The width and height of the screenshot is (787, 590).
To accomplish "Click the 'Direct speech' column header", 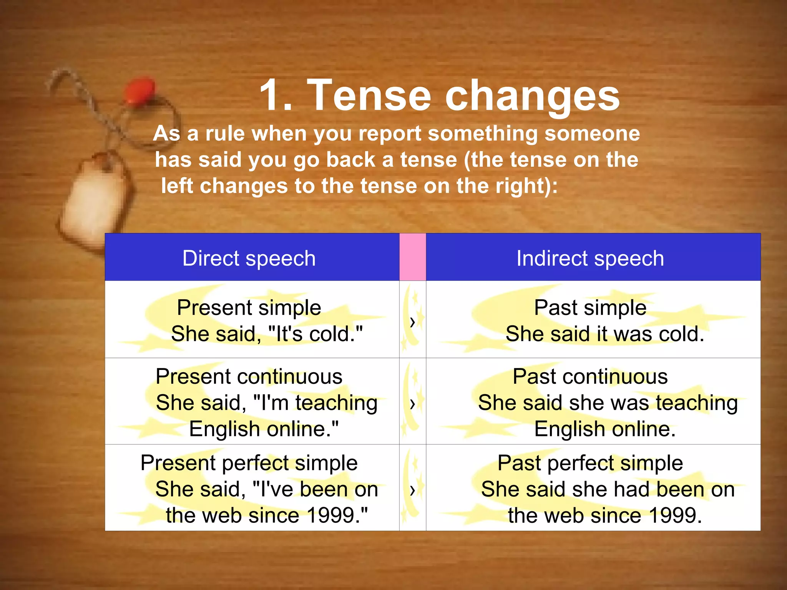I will point(249,258).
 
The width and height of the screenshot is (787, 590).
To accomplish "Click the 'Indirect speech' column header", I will point(590,258).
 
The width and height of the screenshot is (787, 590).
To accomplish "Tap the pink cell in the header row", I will point(412,257).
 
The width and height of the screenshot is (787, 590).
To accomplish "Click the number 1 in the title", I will point(274,95).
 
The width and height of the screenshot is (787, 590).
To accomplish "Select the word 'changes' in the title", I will point(532,96).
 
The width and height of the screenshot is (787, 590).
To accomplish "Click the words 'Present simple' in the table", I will point(249,308).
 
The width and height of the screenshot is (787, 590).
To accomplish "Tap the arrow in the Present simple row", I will point(412,322).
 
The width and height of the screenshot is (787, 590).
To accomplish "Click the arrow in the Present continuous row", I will point(412,403).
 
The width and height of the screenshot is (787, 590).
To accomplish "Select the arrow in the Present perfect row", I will point(412,490).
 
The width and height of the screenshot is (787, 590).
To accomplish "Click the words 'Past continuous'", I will point(590,376).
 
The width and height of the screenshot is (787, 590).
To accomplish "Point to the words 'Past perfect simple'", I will point(590,463).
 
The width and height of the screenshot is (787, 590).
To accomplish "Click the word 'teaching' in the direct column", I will point(336,403).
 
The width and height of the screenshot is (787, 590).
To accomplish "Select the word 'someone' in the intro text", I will point(592,134).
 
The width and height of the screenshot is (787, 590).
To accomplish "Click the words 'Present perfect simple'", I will point(249,463).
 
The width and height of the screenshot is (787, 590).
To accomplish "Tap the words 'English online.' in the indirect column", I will point(605,429).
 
